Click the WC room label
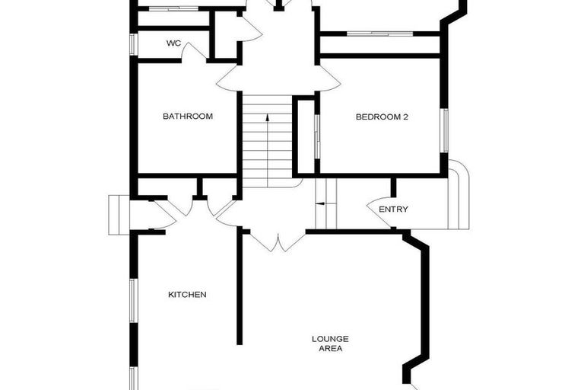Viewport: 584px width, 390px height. click(x=173, y=43)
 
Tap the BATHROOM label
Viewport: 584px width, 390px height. click(x=188, y=117)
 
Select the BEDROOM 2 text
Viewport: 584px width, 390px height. click(x=382, y=117)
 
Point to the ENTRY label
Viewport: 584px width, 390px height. click(x=393, y=209)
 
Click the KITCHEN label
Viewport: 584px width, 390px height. click(x=187, y=294)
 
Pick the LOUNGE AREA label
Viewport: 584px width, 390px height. click(x=330, y=344)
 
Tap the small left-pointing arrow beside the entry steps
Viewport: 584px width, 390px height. click(x=320, y=203)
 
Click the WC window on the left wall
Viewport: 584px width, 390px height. click(x=133, y=44)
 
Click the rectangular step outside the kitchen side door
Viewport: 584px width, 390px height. click(x=119, y=214)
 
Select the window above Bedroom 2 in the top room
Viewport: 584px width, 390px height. click(x=379, y=34)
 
